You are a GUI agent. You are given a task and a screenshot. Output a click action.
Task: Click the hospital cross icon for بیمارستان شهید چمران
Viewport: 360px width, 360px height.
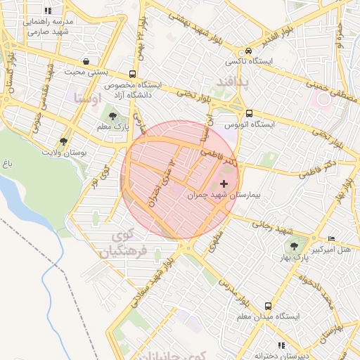point(224,184)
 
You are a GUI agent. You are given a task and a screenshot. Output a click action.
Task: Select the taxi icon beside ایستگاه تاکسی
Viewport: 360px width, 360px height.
point(248,51)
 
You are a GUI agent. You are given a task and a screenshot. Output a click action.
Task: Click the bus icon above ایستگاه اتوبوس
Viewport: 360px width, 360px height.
point(249,112)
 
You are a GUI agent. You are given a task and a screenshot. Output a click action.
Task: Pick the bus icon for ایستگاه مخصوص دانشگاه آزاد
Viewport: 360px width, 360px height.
point(133,74)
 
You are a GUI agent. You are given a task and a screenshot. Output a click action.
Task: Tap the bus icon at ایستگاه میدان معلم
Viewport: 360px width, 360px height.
point(268,306)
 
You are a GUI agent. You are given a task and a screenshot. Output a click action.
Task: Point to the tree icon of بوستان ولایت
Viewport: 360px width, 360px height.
point(64,141)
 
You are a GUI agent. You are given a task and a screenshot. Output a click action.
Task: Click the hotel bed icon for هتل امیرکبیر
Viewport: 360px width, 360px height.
point(332,239)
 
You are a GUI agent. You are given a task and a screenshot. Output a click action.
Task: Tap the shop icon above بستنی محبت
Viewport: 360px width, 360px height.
point(86,61)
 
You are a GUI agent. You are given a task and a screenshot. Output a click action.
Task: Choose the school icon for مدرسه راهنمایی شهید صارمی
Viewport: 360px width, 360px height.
point(48,11)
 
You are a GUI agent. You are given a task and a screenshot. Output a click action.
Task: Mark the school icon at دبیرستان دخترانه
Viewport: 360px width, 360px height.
point(281,345)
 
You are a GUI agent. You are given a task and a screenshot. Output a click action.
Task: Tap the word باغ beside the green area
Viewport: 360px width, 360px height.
point(8,164)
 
